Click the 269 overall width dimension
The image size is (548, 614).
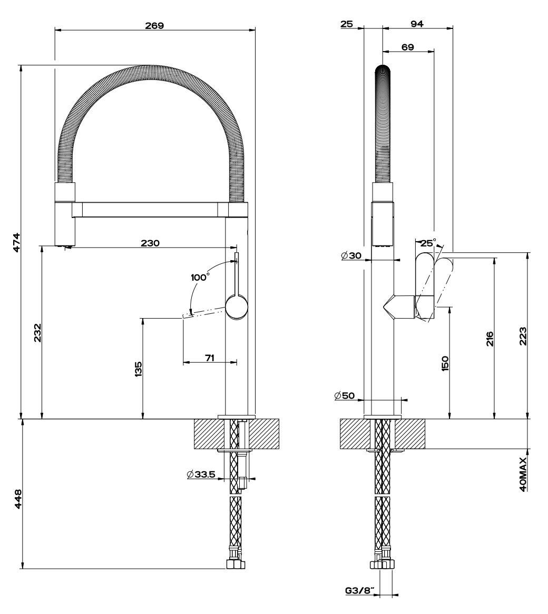(x=155, y=25)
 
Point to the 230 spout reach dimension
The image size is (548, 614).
(x=150, y=243)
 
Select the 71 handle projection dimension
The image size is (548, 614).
(x=209, y=358)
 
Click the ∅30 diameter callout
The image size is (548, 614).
(x=351, y=255)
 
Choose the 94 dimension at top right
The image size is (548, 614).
(x=417, y=24)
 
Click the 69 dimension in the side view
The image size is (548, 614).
(x=407, y=47)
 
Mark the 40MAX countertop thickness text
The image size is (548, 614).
(x=523, y=474)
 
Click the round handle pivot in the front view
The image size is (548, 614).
(x=237, y=308)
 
